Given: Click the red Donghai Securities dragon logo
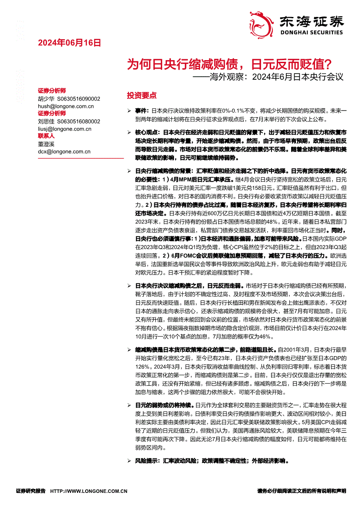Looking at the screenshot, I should pos(261,23).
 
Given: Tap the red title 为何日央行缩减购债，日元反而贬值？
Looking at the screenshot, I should pos(229,65).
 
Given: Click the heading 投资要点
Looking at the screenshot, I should pos(142,95).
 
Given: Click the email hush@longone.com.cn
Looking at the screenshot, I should pos(66,106).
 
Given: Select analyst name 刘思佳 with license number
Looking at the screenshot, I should pos(69,121).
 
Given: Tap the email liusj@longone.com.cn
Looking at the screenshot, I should pos(65,129).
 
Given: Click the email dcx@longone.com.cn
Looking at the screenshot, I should pos(64,152).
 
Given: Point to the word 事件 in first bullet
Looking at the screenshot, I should pos(141,111).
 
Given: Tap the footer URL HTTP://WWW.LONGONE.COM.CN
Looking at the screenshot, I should pos(89,491).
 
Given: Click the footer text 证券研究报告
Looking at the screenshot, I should pos(31,491).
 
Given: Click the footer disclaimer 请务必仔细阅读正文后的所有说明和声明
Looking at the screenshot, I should pos(302,491).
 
